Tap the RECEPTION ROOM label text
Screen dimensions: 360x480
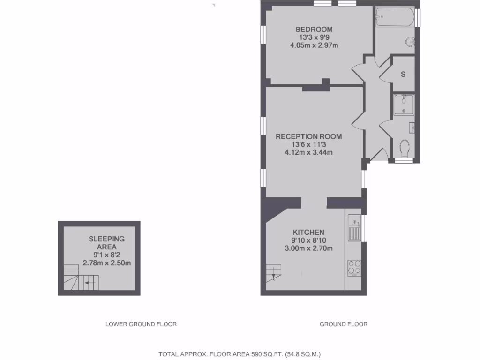point(308,136)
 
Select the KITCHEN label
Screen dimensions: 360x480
point(308,232)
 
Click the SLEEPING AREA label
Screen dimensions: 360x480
point(107,243)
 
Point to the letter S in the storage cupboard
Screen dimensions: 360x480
point(403,75)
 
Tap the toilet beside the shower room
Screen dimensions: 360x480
point(405,149)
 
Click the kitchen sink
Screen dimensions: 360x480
point(354,227)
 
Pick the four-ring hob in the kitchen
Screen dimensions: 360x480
point(354,267)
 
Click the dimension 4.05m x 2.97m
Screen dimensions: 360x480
point(314,45)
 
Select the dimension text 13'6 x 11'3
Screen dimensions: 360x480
point(308,144)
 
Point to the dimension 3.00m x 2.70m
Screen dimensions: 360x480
point(308,248)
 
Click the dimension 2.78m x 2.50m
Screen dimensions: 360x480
point(106,263)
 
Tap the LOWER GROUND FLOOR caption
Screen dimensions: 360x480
point(141,324)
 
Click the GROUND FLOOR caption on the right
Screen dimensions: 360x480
point(344,324)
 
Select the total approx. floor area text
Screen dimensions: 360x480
point(240,354)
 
